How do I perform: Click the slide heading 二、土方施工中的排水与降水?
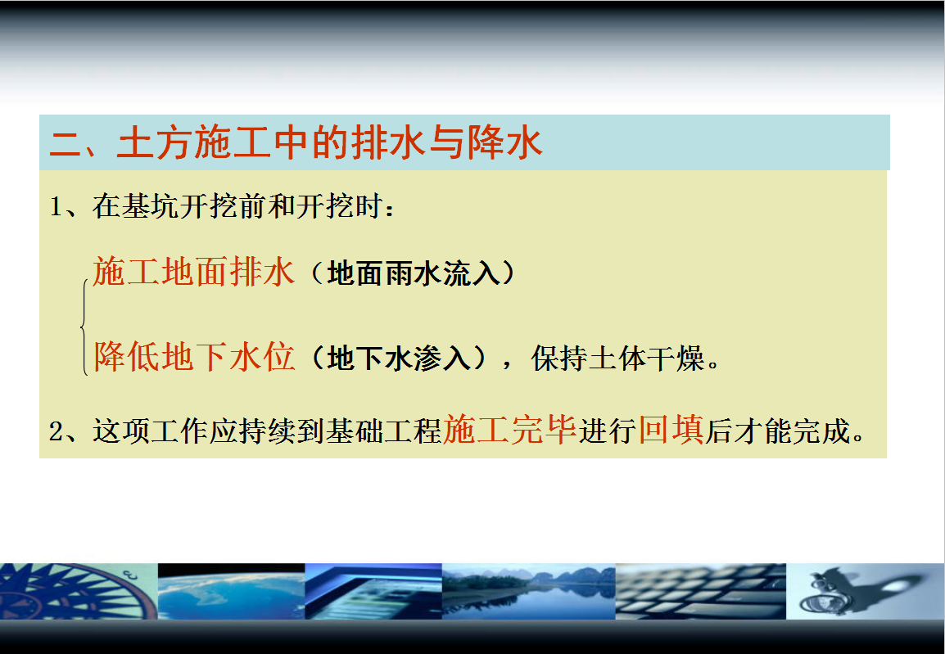pyautogui.click(x=296, y=142)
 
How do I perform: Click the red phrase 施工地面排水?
pyautogui.click(x=193, y=272)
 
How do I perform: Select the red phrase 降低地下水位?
pyautogui.click(x=194, y=357)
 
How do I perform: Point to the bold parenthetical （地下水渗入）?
pyautogui.click(x=398, y=359)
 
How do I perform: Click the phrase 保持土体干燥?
pyautogui.click(x=617, y=359)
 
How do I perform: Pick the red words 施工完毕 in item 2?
pyautogui.click(x=510, y=430)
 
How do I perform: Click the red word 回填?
pyautogui.click(x=671, y=430)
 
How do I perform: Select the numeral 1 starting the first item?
pyautogui.click(x=56, y=207)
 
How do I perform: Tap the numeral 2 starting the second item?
pyautogui.click(x=56, y=431)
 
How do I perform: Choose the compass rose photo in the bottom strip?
pyautogui.click(x=79, y=591)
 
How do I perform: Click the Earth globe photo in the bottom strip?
pyautogui.click(x=232, y=591)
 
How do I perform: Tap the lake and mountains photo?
pyautogui.click(x=528, y=591)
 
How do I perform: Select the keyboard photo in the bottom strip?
pyautogui.click(x=700, y=591)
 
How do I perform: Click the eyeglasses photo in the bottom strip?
pyautogui.click(x=865, y=591)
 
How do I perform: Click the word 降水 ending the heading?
pyautogui.click(x=504, y=142)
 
